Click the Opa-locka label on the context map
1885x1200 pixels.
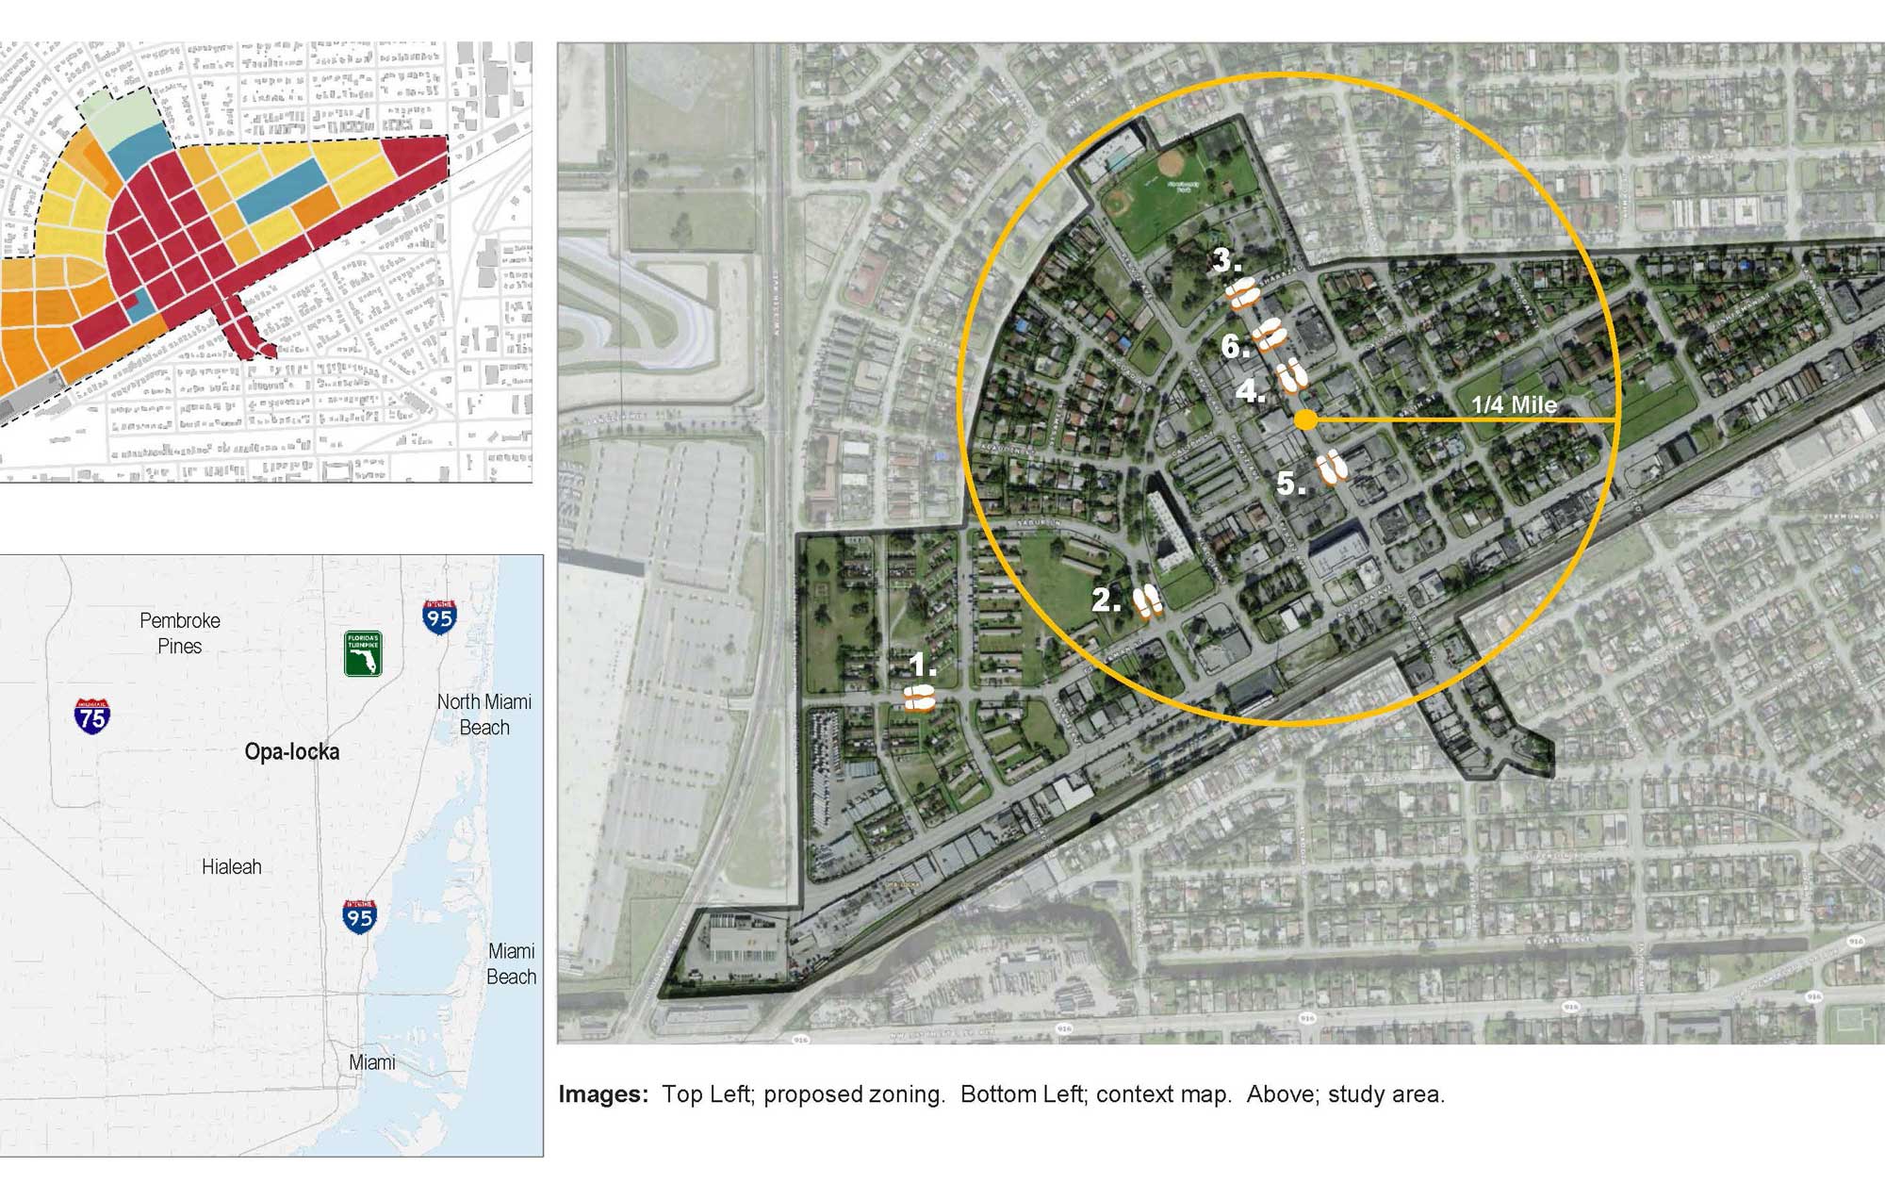click(x=291, y=751)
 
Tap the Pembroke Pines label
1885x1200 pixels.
click(x=179, y=633)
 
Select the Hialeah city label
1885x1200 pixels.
click(x=231, y=866)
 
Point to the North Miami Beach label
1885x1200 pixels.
click(x=484, y=714)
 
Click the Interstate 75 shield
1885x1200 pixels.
click(x=92, y=716)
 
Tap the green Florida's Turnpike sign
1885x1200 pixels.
click(x=363, y=653)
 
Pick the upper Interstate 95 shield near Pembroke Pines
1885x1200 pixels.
click(x=439, y=616)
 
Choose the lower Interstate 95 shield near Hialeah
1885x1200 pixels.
click(x=359, y=915)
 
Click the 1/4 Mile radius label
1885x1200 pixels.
click(x=1514, y=404)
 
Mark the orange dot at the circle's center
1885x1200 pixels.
click(x=1305, y=420)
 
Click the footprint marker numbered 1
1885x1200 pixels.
click(x=919, y=699)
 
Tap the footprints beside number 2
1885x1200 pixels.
click(x=1147, y=600)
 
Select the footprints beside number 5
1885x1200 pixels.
click(x=1331, y=467)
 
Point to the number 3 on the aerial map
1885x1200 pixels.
click(x=1226, y=260)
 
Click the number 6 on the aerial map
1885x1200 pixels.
click(x=1235, y=346)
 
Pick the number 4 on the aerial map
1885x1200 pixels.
click(x=1251, y=389)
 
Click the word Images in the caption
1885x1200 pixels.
click(x=602, y=1093)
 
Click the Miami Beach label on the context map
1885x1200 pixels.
click(x=511, y=963)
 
